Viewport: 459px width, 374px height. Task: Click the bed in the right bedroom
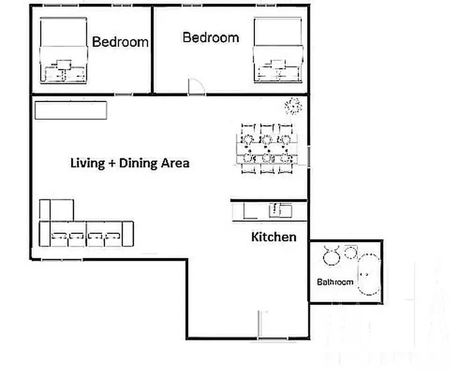(277, 50)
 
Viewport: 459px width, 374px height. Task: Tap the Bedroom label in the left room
(120, 42)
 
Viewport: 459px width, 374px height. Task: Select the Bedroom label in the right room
(211, 37)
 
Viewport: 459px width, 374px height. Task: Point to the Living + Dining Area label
(130, 163)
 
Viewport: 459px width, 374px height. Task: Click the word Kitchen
(274, 237)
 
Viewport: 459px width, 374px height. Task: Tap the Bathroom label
(335, 282)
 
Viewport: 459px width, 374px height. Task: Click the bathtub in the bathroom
(369, 274)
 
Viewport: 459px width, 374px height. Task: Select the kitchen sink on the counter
(280, 211)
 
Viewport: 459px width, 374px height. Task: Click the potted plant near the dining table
(293, 106)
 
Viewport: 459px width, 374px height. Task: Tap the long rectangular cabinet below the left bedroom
(71, 110)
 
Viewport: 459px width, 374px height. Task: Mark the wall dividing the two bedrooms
(152, 49)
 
